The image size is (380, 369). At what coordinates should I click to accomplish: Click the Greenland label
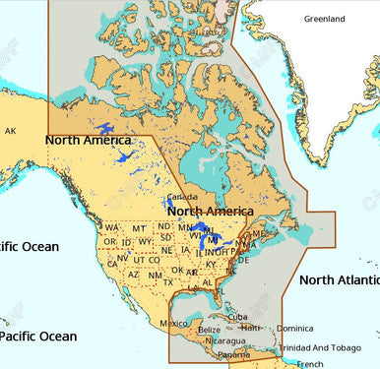(x=324, y=19)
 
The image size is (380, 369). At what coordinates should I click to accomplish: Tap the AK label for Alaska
(x=11, y=130)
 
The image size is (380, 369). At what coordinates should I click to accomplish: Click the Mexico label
(x=173, y=324)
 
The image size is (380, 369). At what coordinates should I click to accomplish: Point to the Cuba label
(x=238, y=317)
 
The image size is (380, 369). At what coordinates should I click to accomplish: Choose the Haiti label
(x=252, y=328)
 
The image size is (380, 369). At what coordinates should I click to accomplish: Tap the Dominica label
(x=295, y=329)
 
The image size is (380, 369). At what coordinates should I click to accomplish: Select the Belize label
(x=209, y=331)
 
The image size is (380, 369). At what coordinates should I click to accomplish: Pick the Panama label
(x=233, y=354)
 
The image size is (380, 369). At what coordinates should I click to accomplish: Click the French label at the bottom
(x=310, y=363)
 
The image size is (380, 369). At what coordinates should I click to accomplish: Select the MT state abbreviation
(x=139, y=228)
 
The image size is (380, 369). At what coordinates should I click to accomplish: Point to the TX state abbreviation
(x=166, y=282)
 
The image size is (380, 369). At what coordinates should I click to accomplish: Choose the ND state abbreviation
(x=163, y=226)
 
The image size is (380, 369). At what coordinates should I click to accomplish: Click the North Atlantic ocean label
(x=339, y=280)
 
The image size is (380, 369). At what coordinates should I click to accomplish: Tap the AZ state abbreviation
(x=133, y=274)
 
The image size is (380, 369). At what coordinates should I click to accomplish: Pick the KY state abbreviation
(x=211, y=265)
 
